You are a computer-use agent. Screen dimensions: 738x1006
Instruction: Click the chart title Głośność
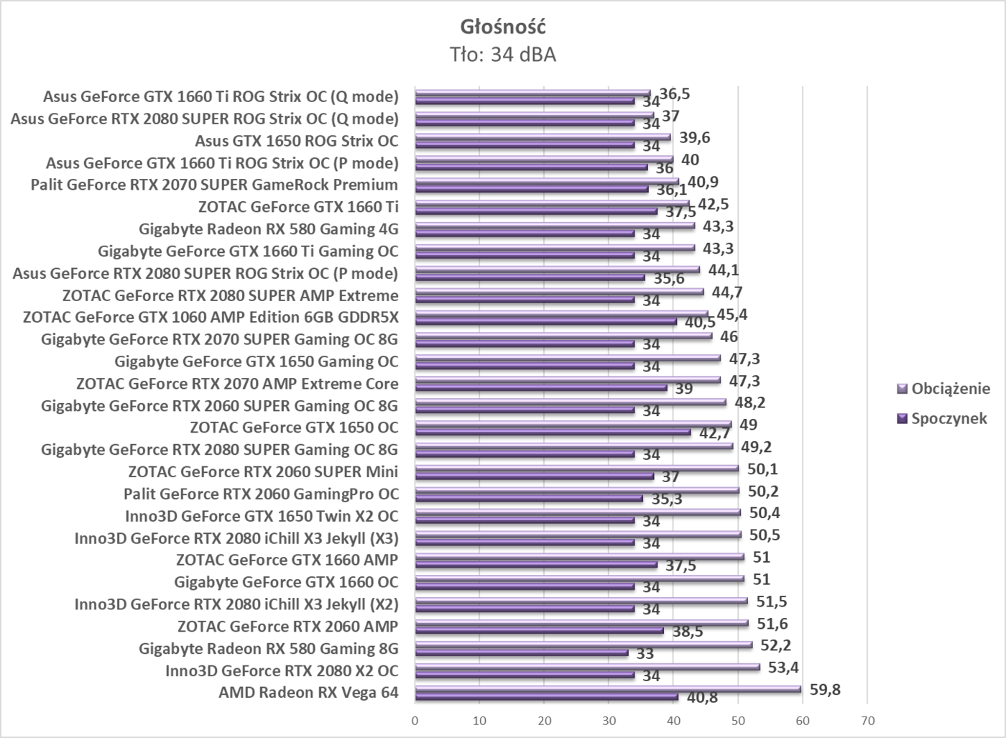(503, 27)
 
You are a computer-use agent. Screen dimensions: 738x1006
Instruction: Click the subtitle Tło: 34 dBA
(503, 55)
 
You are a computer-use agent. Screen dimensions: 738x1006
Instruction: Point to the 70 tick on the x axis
(867, 720)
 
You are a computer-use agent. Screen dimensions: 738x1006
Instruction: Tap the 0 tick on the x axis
(415, 720)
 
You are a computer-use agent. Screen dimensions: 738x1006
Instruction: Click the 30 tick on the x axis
(609, 720)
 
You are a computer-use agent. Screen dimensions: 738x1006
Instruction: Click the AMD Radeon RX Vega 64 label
(308, 693)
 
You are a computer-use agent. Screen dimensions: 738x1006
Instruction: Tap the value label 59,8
(826, 690)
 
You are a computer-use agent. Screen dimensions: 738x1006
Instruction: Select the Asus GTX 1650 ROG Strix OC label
(296, 141)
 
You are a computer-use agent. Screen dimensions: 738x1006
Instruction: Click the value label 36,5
(674, 93)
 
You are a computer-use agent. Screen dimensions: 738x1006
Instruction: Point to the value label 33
(645, 653)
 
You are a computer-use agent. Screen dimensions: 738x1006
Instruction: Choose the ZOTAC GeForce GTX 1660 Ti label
(298, 207)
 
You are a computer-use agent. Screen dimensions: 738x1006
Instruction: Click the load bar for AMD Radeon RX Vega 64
(608, 689)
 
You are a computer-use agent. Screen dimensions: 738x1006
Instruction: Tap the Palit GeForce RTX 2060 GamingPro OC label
(261, 494)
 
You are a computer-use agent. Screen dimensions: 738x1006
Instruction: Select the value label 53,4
(783, 668)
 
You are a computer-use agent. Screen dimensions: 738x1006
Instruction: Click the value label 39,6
(695, 137)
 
